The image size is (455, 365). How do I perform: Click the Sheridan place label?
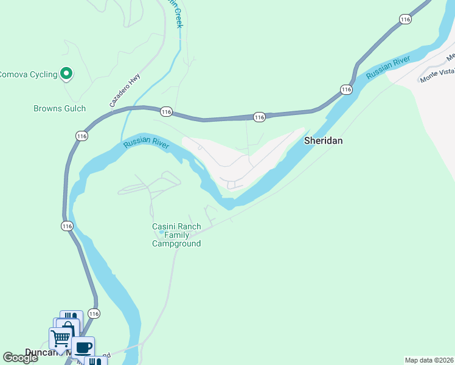[323, 141]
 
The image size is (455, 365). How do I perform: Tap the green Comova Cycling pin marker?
[67, 74]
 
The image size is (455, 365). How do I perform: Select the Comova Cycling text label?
[28, 74]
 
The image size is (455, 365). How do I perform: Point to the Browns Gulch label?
[59, 109]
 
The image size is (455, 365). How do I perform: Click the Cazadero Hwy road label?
[125, 91]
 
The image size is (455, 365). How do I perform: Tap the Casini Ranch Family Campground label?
[176, 235]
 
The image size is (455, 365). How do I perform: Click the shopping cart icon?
[60, 336]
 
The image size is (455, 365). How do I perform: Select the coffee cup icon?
[83, 347]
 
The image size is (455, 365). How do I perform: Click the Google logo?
[20, 358]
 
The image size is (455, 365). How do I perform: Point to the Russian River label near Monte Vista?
[388, 68]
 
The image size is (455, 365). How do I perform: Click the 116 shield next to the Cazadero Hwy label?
[166, 112]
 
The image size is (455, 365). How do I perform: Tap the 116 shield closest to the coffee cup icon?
[93, 313]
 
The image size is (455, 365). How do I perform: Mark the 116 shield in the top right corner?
[406, 19]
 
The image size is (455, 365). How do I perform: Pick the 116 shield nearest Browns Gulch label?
[82, 136]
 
